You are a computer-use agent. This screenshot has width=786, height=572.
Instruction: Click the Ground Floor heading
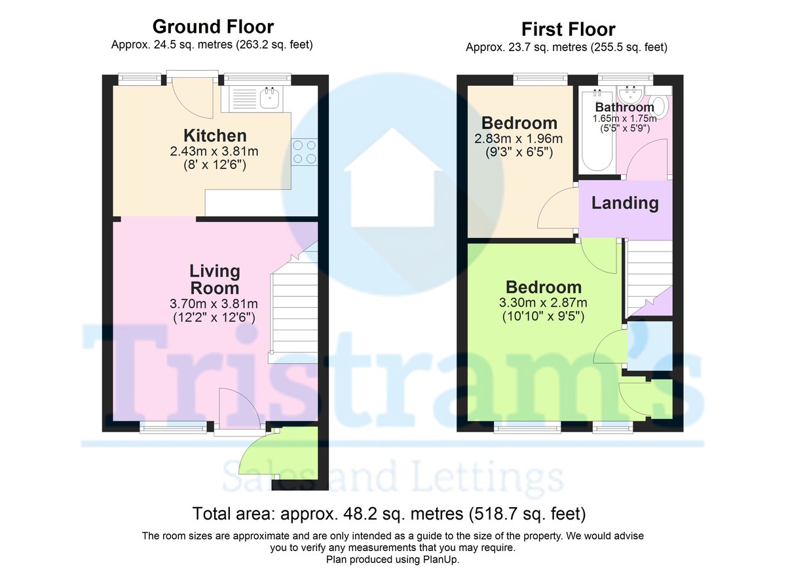213,27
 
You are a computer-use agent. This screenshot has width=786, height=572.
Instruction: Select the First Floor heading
568,29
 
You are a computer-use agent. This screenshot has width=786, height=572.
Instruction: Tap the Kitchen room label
215,136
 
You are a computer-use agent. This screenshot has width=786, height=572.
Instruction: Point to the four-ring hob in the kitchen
304,152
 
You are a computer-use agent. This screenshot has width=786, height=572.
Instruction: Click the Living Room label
215,280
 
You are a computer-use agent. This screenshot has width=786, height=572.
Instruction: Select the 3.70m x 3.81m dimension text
214,303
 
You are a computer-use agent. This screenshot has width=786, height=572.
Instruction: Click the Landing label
625,203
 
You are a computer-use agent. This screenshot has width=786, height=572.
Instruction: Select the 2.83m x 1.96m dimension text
518,139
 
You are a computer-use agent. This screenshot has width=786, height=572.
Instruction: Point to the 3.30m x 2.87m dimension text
543,303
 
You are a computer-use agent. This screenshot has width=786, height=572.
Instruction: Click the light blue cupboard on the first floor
650,346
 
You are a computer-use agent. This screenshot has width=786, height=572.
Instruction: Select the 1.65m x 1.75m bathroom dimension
625,119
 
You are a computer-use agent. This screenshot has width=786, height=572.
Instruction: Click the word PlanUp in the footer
443,560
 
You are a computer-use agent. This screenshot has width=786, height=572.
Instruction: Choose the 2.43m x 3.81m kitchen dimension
214,151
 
